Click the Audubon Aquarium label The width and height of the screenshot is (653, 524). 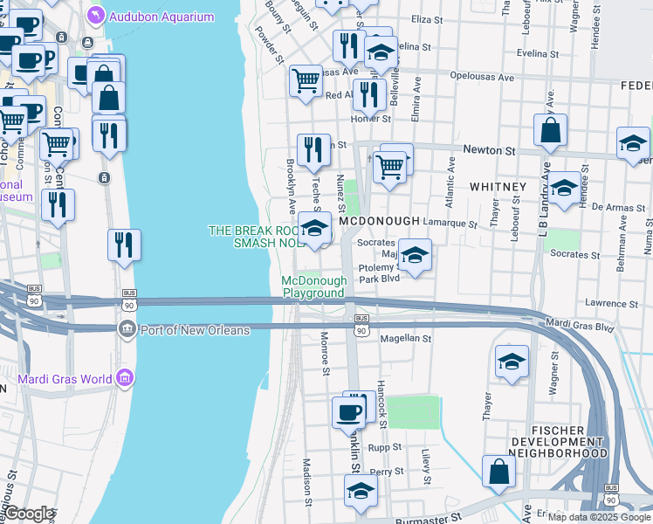click(x=162, y=17)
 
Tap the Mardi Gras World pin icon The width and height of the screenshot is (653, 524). click(x=124, y=379)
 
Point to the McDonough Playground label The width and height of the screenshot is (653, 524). click(x=313, y=286)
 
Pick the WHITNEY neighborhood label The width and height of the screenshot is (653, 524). click(x=498, y=187)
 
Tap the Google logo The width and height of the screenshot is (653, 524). click(x=29, y=514)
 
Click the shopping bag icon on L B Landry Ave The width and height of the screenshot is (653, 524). click(x=551, y=132)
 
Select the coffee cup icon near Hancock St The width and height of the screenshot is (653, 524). click(x=349, y=411)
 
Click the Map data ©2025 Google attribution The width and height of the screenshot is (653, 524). click(x=599, y=517)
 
